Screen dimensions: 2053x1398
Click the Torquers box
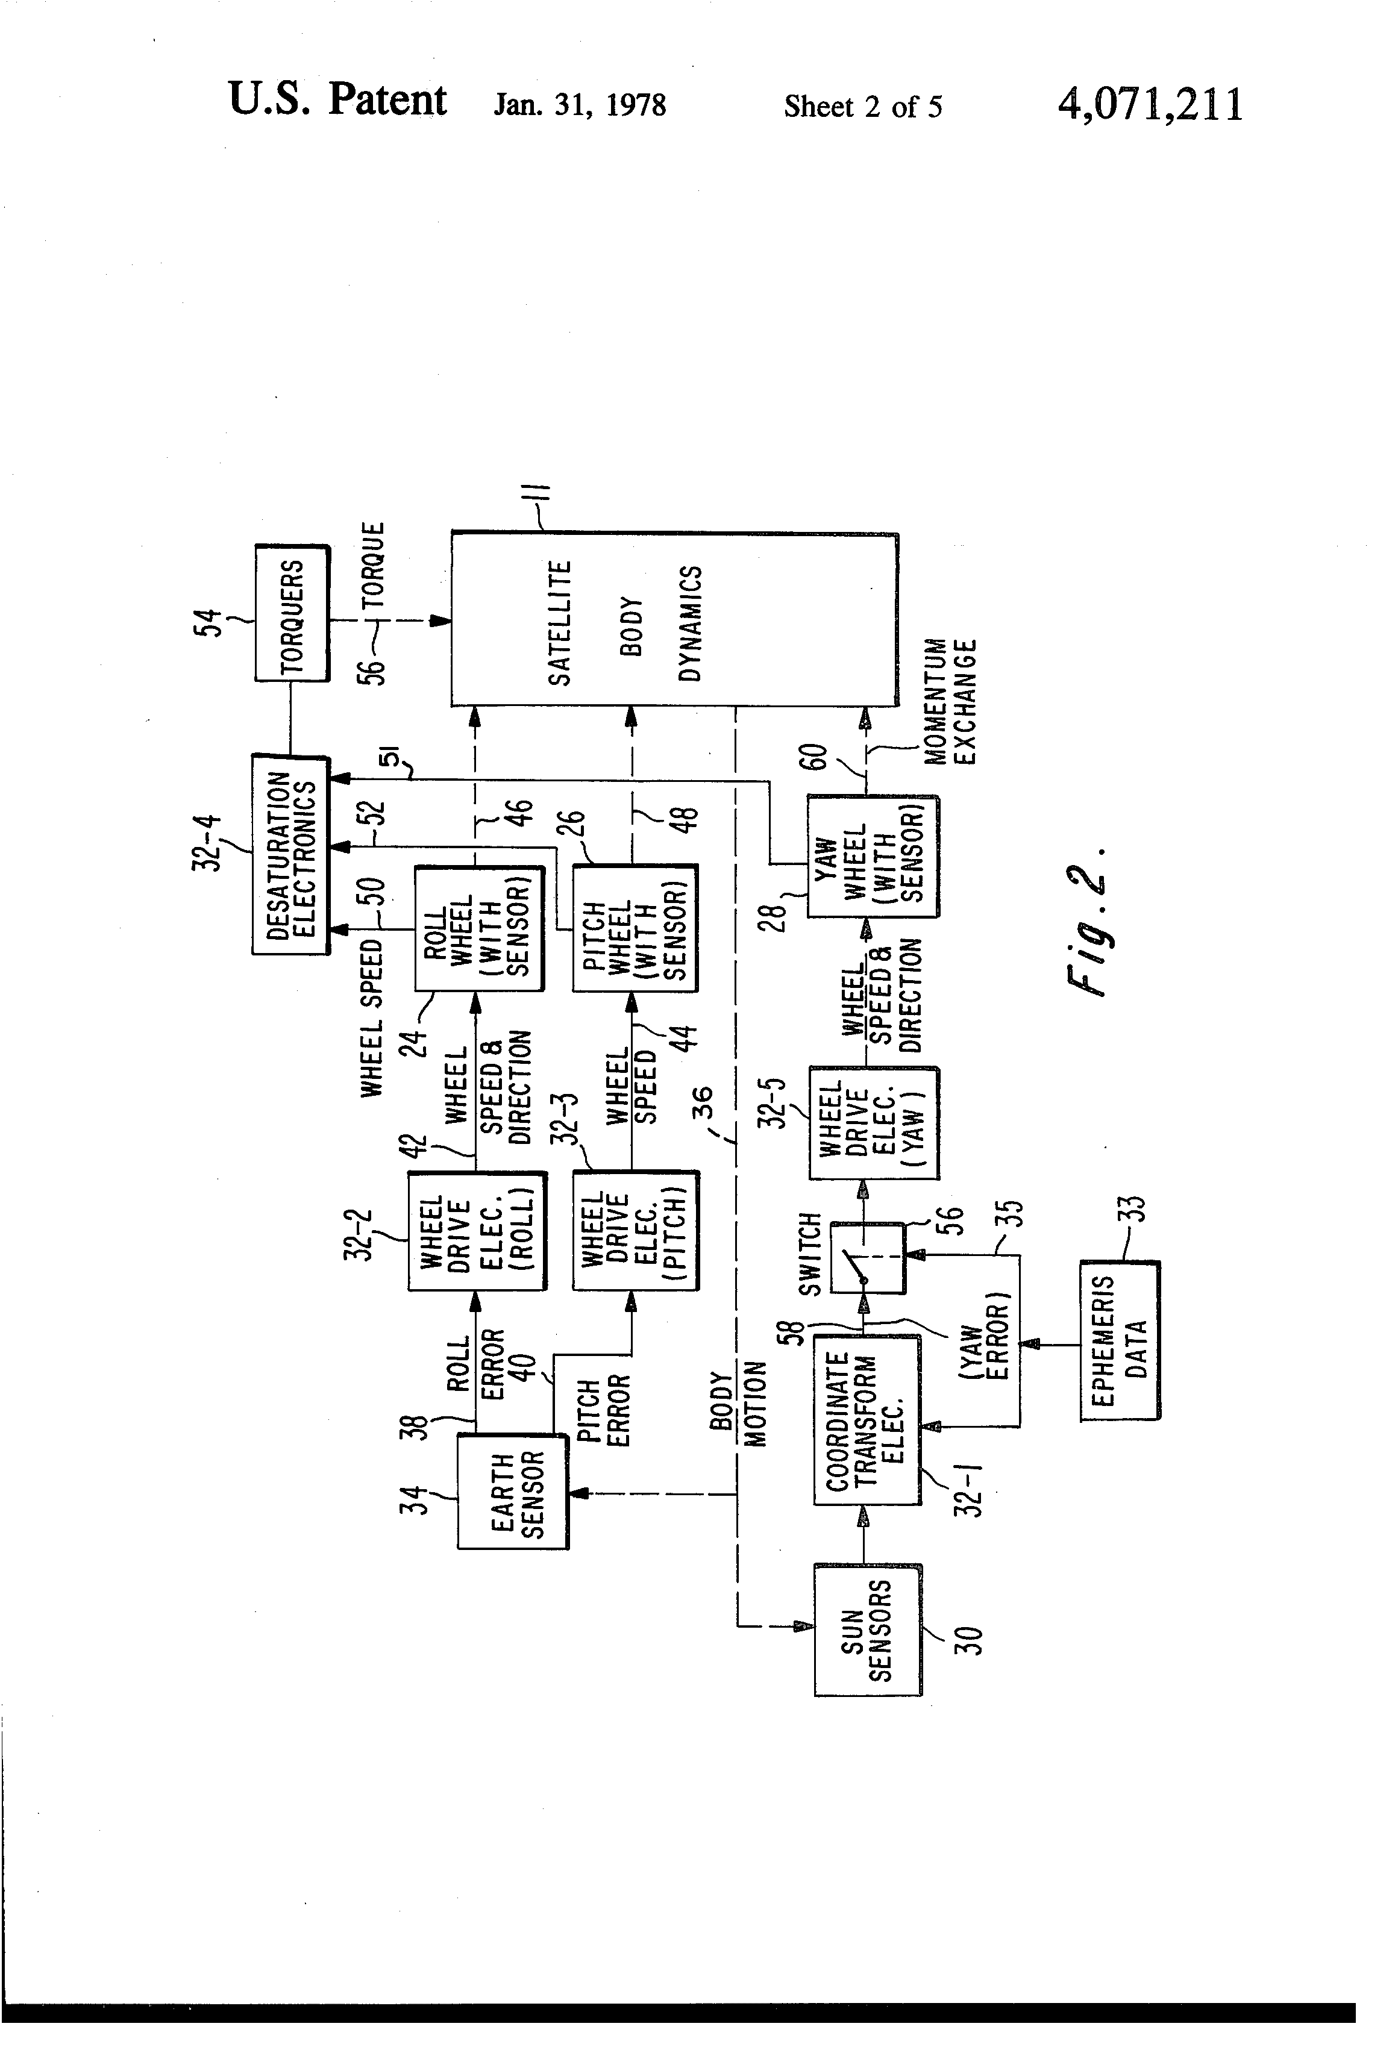(292, 613)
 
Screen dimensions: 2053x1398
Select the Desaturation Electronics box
(290, 854)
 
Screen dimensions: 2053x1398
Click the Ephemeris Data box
(1120, 1340)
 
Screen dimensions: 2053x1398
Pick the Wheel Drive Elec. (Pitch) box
(635, 1231)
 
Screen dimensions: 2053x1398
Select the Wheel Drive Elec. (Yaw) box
(873, 1123)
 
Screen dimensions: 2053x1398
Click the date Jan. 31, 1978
(580, 105)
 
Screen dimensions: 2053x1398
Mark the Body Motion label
(739, 1409)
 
